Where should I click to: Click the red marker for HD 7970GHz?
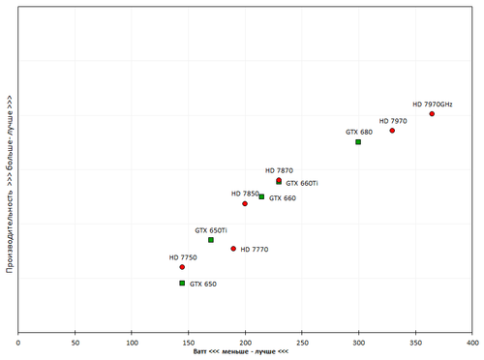click(432, 114)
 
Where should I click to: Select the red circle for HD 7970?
click(392, 131)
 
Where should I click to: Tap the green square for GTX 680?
click(358, 142)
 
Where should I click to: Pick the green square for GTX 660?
click(261, 197)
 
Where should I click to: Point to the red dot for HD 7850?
click(245, 204)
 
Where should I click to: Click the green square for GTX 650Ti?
click(211, 240)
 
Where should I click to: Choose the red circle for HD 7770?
click(233, 249)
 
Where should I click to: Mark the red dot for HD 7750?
click(182, 267)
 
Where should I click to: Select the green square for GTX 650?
click(182, 284)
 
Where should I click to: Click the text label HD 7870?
click(279, 170)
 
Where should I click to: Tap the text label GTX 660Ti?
click(302, 183)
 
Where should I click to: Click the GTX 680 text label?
click(359, 132)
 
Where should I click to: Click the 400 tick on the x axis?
click(471, 342)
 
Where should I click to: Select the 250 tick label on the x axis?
click(302, 342)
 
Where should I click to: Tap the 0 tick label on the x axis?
click(18, 342)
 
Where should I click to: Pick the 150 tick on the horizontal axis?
click(189, 342)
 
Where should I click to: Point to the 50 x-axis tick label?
click(76, 342)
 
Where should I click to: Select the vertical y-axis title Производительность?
click(9, 184)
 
